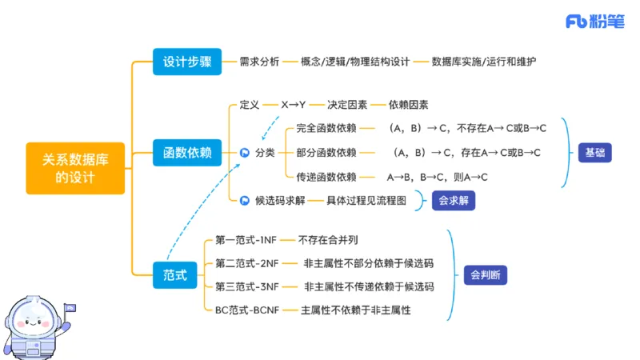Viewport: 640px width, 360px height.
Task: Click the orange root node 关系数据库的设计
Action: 75,168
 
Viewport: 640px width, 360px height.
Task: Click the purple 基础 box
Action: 595,152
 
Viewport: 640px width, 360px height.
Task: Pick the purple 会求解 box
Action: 453,201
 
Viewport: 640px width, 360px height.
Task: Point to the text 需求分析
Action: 259,61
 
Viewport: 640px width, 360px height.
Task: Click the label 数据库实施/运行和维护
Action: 483,61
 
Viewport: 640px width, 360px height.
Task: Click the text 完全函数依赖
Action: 326,128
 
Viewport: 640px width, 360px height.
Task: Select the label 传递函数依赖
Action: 326,177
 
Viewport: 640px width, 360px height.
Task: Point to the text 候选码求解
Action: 280,201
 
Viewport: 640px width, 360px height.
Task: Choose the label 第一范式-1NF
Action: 247,239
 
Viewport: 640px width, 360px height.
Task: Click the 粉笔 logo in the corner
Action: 595,22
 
